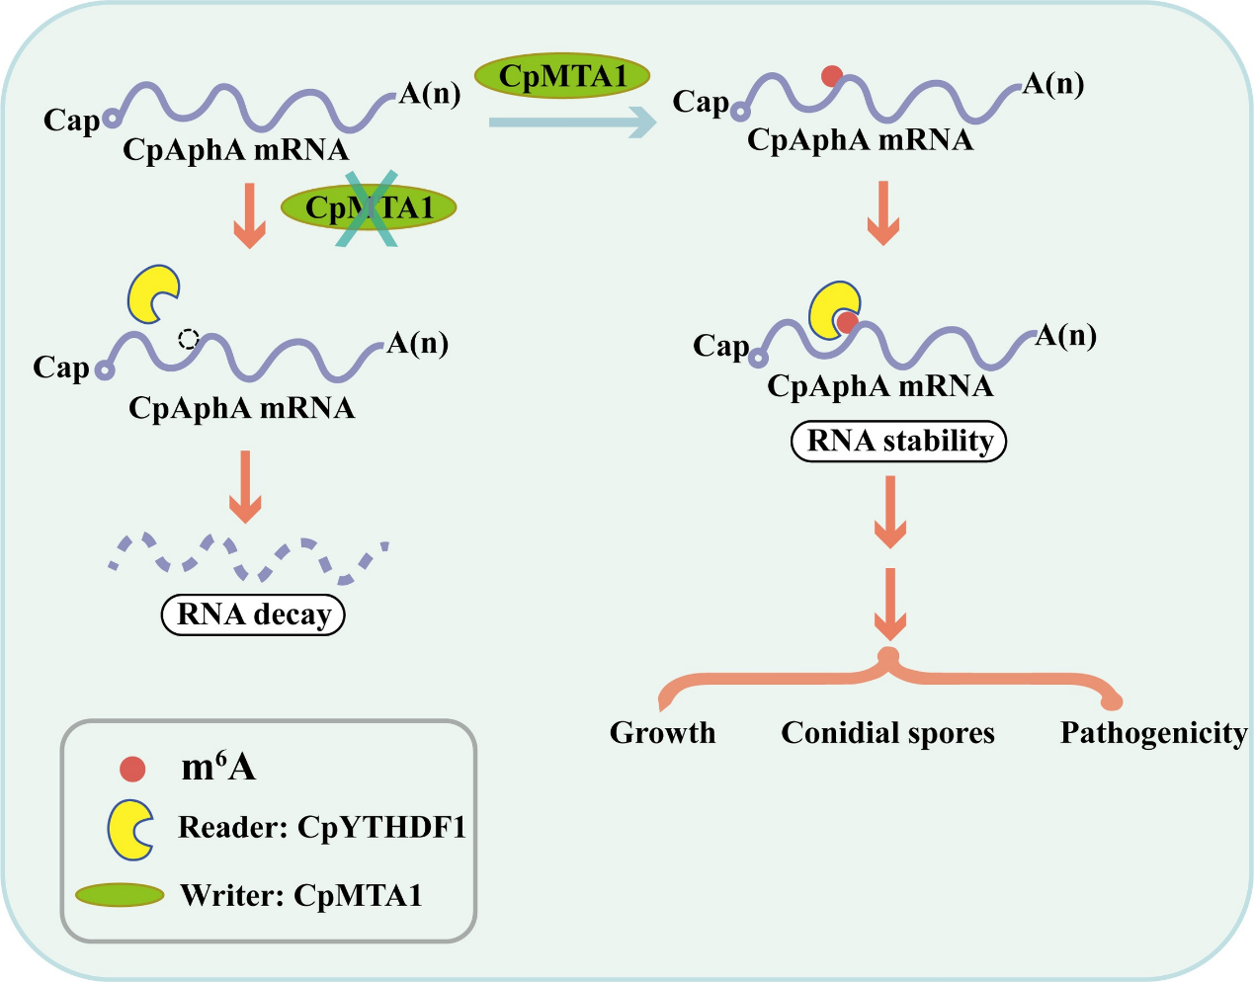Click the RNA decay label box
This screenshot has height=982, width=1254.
tap(253, 614)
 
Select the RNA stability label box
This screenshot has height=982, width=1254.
tap(899, 441)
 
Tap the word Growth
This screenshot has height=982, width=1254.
tap(662, 733)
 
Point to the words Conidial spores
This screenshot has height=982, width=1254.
tap(887, 733)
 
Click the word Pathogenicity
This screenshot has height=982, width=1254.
tap(1153, 733)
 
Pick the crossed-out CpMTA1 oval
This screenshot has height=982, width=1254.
tap(369, 208)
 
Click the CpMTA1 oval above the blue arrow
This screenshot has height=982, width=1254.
tap(562, 75)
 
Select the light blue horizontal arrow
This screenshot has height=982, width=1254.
tap(572, 123)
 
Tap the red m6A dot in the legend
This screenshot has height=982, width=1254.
tap(132, 769)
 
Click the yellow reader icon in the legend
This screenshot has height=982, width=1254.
tap(129, 828)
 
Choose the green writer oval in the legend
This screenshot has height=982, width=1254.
tap(120, 895)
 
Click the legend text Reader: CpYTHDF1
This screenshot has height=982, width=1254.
tap(321, 827)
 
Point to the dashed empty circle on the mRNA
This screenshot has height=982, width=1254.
tap(188, 339)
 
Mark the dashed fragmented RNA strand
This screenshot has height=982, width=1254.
tap(247, 556)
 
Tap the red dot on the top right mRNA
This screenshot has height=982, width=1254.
tap(832, 75)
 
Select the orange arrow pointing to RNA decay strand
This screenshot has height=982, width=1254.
tap(245, 486)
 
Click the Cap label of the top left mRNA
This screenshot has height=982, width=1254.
tap(71, 121)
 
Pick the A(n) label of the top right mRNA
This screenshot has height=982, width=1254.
tap(1052, 84)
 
